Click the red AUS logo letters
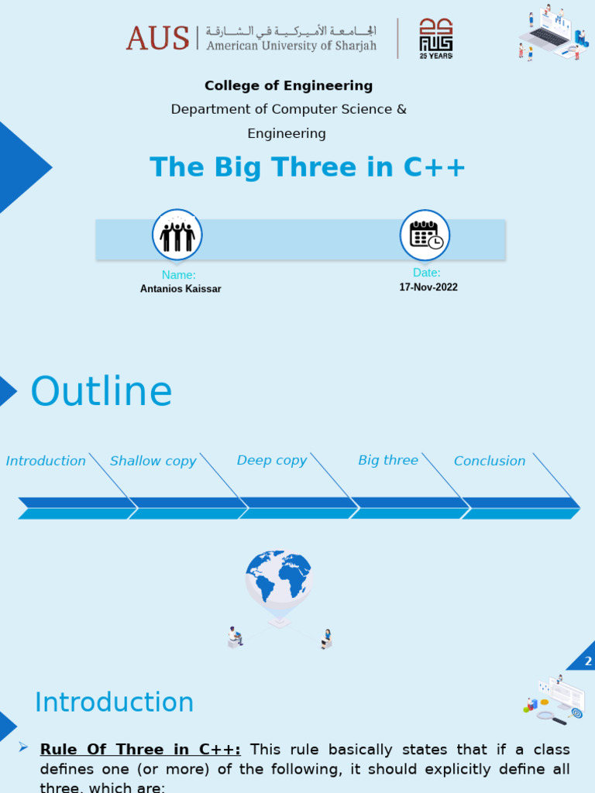point(157,38)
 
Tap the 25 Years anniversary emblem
point(435,38)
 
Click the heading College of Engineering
point(288,86)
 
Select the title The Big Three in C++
point(308,167)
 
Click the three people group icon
point(177,235)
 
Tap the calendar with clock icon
point(425,235)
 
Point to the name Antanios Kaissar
point(181,289)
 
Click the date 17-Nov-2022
point(428,287)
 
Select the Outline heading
point(101,392)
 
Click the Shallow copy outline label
point(153,462)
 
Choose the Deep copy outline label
point(271,461)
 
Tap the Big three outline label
point(388,461)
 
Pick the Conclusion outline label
point(490,462)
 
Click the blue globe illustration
point(278,577)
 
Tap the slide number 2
point(588,661)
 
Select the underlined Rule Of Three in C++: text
point(140,750)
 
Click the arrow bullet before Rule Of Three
point(23,748)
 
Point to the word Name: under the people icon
point(178,275)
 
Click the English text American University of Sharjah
point(291,46)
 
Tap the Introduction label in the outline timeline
point(46,462)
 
